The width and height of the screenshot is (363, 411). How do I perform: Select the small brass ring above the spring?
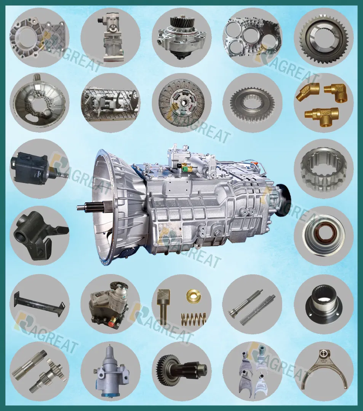(192, 296)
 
